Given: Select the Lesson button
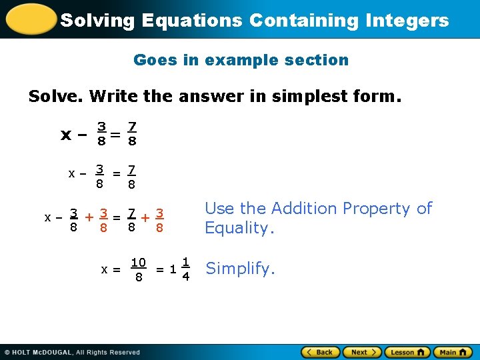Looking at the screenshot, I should (x=407, y=352).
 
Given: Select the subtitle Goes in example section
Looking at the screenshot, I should (x=241, y=60).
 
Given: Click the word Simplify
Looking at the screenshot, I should (x=240, y=269).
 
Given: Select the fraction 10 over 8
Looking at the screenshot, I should (x=139, y=269).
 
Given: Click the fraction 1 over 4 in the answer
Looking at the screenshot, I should (x=186, y=269).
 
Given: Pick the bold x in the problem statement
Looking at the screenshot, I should (x=65, y=135).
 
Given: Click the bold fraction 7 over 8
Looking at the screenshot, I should (x=132, y=133).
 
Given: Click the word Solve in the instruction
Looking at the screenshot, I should (x=55, y=97).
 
